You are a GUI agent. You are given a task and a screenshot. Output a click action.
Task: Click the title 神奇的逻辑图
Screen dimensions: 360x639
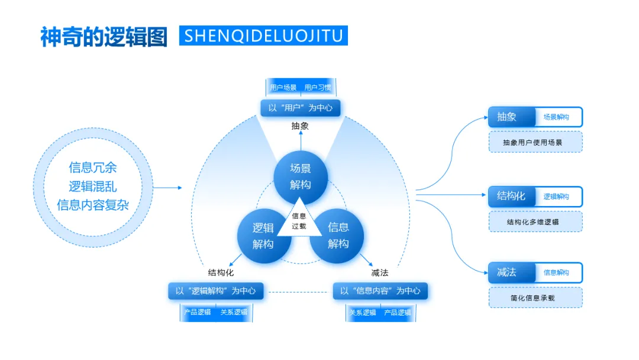[x=104, y=36]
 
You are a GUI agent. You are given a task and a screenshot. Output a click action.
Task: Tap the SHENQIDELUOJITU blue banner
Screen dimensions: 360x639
[x=263, y=36]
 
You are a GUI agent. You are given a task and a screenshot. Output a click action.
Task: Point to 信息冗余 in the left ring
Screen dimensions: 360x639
[x=93, y=168]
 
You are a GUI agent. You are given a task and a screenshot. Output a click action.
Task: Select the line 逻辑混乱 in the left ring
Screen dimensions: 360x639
[x=93, y=186]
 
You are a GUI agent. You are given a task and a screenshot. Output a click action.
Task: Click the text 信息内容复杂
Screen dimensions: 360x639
[x=93, y=205]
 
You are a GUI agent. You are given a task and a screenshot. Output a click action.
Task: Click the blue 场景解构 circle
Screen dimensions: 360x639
[x=300, y=176]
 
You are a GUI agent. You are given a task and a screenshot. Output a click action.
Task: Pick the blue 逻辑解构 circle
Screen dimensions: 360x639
[x=263, y=235]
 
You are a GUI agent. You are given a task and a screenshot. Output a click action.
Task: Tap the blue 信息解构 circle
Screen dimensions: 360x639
[x=338, y=235]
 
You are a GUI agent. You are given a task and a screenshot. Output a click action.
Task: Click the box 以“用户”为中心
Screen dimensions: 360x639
[x=301, y=108]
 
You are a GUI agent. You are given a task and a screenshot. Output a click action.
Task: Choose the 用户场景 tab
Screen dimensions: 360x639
[x=283, y=88]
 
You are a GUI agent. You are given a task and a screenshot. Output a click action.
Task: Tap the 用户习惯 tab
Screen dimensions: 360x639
[x=318, y=88]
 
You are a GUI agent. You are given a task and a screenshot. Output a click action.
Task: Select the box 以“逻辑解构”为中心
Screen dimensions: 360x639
[x=215, y=291]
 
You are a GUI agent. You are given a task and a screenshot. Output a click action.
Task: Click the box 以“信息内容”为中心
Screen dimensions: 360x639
[x=380, y=291]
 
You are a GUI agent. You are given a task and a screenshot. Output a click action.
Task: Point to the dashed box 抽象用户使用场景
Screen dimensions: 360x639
[x=535, y=142]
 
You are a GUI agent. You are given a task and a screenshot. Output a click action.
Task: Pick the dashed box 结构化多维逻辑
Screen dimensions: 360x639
[x=535, y=222]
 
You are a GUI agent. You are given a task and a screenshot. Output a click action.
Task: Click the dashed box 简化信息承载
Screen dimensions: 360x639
[x=535, y=298]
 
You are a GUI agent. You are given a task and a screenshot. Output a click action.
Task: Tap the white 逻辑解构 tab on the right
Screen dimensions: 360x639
[x=557, y=197]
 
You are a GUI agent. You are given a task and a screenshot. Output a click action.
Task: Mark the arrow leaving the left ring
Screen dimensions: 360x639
[x=168, y=188]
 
